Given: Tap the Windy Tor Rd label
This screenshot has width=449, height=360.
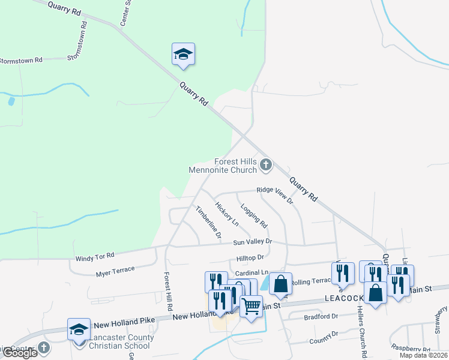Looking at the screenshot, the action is [x=94, y=257].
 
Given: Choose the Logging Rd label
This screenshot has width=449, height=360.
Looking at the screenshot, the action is [x=254, y=215].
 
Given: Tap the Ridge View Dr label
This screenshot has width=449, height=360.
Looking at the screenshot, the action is [x=274, y=196].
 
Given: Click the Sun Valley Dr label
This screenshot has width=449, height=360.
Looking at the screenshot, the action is [x=253, y=242].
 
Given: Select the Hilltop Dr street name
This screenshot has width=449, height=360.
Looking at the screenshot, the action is [x=250, y=257].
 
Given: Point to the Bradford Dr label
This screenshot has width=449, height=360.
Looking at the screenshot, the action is [x=321, y=316].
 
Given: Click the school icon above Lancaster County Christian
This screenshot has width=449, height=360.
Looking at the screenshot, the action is [x=79, y=329].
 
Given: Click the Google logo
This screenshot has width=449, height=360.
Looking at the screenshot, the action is [x=19, y=353].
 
